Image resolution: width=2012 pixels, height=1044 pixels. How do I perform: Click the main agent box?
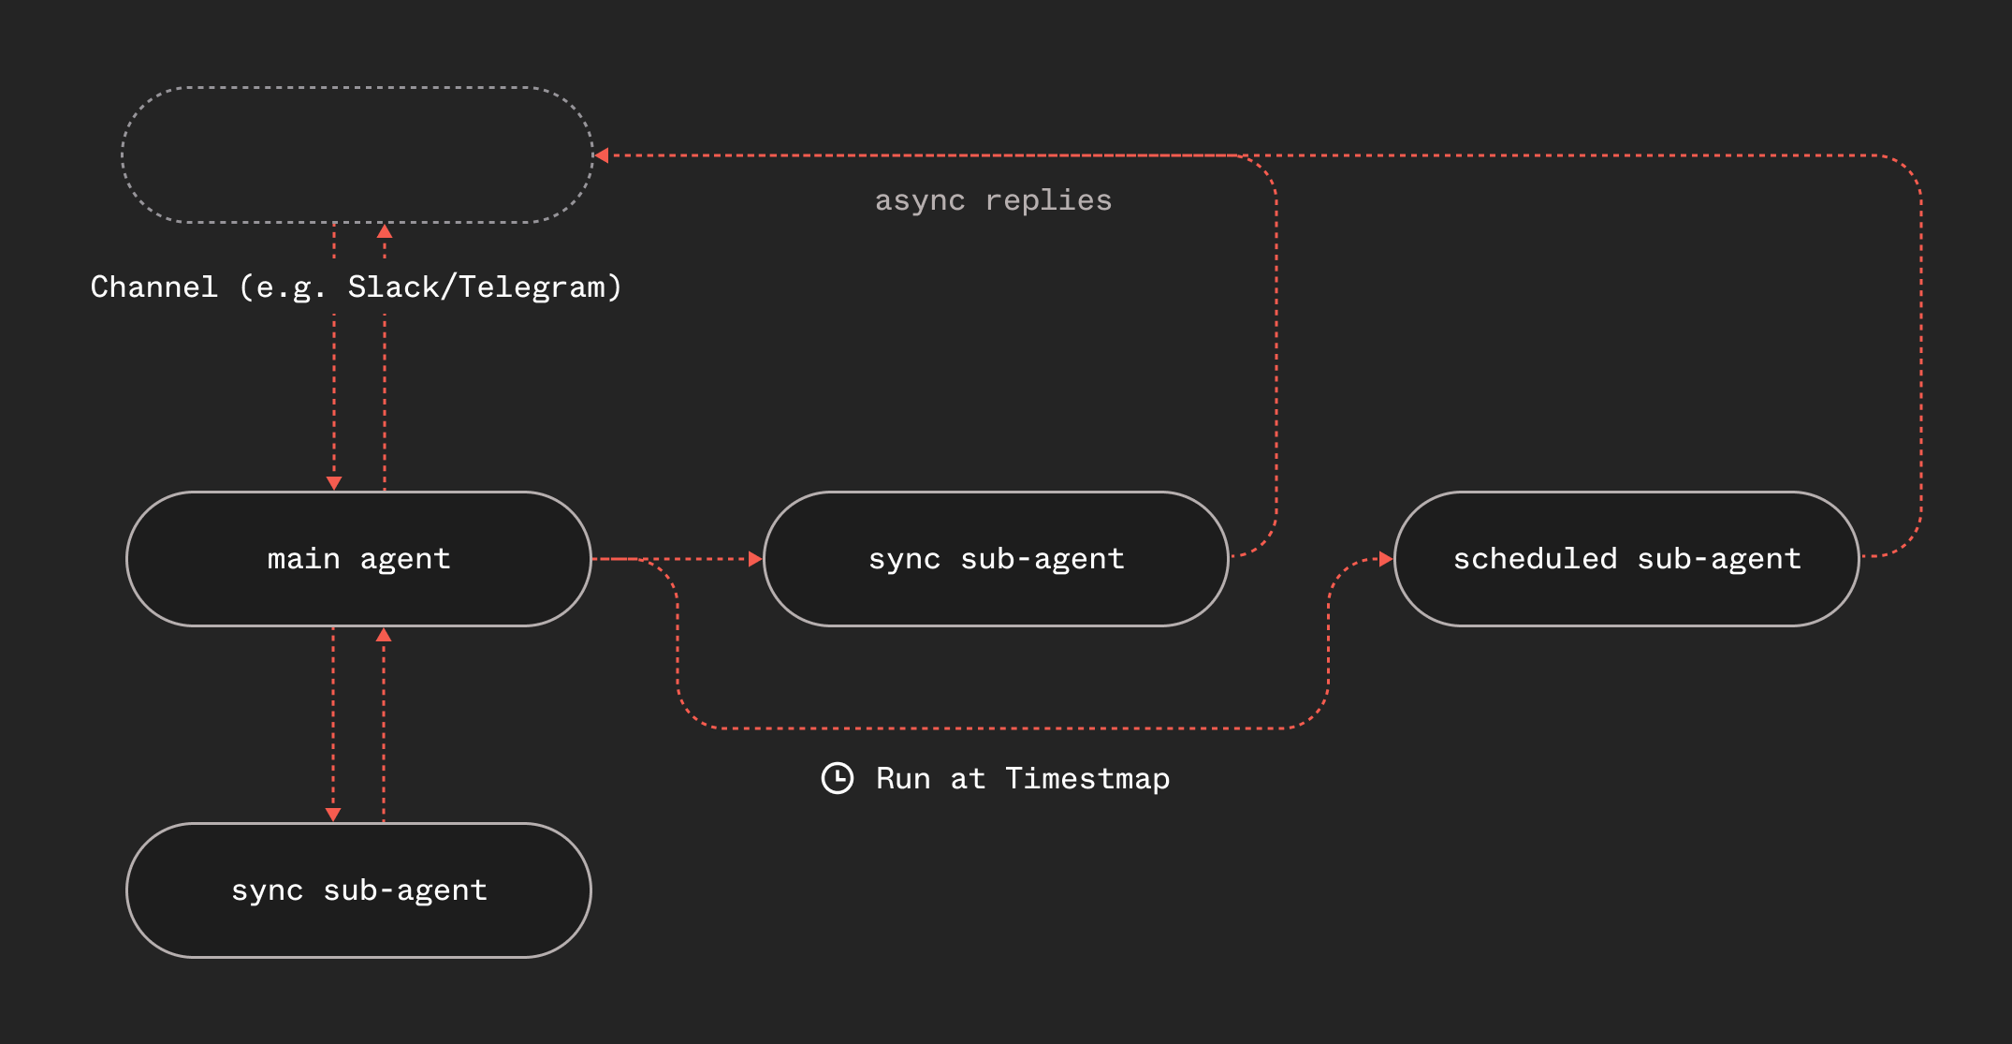(x=358, y=559)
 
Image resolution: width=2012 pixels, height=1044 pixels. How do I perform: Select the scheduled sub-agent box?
(x=1626, y=559)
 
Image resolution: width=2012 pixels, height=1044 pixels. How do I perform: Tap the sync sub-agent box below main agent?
(x=358, y=890)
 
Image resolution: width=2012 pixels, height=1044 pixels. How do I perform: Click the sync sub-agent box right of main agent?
(x=996, y=559)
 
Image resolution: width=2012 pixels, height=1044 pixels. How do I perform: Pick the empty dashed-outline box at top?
(x=358, y=155)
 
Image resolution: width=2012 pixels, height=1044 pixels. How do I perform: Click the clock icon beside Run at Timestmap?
(x=838, y=778)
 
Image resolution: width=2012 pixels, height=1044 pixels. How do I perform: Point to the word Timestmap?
(x=1087, y=779)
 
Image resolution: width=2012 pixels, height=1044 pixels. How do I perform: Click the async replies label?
(x=993, y=200)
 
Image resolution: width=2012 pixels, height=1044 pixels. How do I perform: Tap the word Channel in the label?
(x=154, y=287)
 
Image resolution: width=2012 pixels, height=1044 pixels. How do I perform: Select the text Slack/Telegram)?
(x=485, y=287)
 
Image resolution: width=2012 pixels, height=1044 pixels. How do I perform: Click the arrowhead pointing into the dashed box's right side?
(x=603, y=155)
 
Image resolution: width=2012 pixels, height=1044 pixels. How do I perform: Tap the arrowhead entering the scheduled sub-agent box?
(x=1386, y=559)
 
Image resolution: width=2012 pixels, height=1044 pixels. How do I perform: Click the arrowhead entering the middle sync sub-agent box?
(x=755, y=559)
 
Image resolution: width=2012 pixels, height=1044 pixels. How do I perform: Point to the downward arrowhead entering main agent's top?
(x=334, y=483)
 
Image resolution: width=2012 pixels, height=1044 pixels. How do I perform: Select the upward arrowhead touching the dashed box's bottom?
(x=384, y=230)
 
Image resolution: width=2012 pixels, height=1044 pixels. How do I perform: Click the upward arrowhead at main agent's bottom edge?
(x=384, y=635)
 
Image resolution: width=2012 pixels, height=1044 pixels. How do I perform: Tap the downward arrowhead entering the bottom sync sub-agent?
(x=333, y=815)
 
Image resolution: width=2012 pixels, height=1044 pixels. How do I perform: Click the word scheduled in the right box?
(x=1535, y=559)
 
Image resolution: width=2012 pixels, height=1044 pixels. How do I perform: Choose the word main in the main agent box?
(x=303, y=559)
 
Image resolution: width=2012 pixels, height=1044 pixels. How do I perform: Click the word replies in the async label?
(x=1048, y=200)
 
